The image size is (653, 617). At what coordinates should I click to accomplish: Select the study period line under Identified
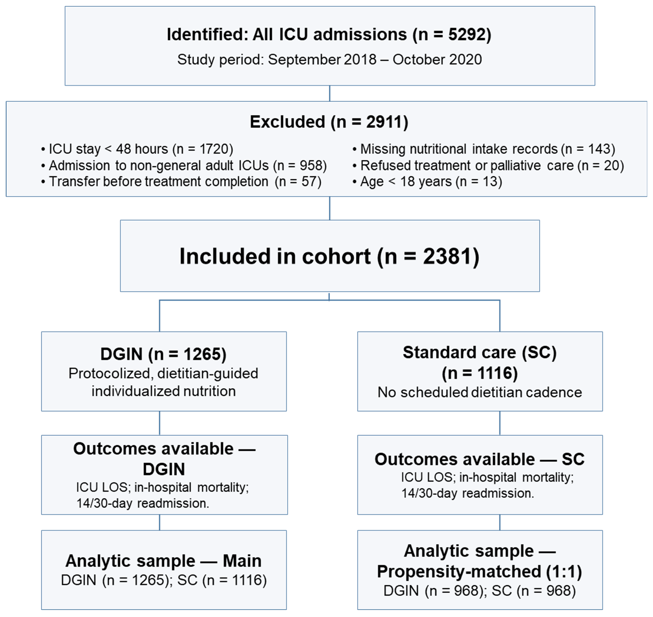click(329, 59)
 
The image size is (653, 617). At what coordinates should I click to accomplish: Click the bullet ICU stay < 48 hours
click(137, 149)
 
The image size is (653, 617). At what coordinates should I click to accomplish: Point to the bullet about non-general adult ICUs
click(184, 165)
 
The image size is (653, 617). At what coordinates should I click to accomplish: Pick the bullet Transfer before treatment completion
click(181, 182)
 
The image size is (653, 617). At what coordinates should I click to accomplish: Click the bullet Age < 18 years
click(427, 182)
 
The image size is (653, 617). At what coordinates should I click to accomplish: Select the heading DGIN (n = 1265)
click(163, 354)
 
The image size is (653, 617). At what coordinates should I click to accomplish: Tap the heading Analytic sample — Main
click(163, 561)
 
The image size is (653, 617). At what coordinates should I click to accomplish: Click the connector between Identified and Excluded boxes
click(329, 93)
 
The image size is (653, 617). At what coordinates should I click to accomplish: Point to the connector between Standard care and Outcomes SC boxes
click(500, 423)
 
